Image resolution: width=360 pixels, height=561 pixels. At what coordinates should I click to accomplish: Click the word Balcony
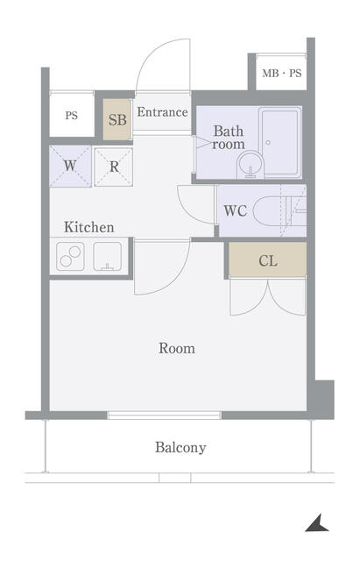click(x=180, y=448)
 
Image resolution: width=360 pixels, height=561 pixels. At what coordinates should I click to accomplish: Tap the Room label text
click(x=177, y=348)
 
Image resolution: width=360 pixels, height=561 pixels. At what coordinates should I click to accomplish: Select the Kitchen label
click(x=89, y=227)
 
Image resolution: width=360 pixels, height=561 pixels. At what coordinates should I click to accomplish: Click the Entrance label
click(x=163, y=112)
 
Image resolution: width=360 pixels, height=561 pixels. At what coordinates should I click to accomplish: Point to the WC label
click(x=236, y=210)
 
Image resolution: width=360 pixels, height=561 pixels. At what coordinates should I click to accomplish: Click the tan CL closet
click(x=267, y=259)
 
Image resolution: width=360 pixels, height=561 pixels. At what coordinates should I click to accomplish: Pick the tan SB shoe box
click(x=116, y=119)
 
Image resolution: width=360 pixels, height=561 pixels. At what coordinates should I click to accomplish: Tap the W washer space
click(x=70, y=166)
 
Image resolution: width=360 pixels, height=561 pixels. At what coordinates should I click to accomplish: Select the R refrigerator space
click(x=114, y=167)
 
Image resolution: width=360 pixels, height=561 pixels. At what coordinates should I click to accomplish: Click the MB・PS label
click(x=282, y=74)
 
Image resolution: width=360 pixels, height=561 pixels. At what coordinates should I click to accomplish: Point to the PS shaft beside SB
click(x=72, y=115)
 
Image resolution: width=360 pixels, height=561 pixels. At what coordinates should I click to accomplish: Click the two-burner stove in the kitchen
click(x=70, y=257)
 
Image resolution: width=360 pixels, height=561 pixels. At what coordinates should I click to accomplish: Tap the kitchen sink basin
click(x=107, y=257)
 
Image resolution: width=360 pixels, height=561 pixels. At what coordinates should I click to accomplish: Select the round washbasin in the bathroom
click(x=250, y=165)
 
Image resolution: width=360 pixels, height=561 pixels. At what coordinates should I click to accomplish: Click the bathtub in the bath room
click(x=280, y=142)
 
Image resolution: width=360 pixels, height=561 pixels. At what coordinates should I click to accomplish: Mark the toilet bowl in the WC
click(x=269, y=210)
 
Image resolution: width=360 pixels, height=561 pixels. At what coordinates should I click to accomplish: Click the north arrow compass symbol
click(x=317, y=523)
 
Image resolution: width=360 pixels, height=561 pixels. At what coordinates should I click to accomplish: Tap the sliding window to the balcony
click(x=164, y=415)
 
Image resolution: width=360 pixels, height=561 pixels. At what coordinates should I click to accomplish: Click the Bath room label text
click(x=229, y=138)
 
